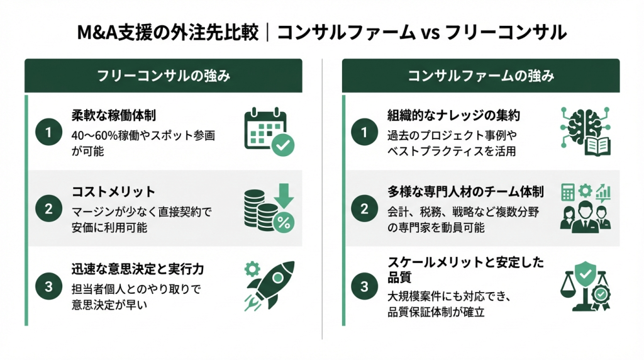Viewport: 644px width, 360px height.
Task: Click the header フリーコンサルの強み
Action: pyautogui.click(x=163, y=76)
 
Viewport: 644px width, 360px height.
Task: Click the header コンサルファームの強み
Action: pyautogui.click(x=481, y=76)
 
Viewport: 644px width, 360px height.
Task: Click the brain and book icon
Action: pyautogui.click(x=586, y=132)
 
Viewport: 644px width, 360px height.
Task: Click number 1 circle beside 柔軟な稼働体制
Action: pyautogui.click(x=48, y=132)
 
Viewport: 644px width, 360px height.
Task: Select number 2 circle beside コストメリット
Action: pyautogui.click(x=48, y=209)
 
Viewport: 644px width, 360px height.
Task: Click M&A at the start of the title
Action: pyautogui.click(x=97, y=32)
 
